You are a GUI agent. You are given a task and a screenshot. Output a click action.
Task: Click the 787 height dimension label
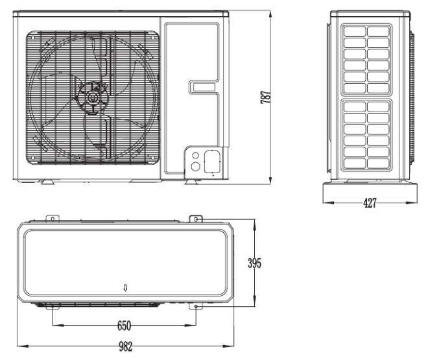(266, 97)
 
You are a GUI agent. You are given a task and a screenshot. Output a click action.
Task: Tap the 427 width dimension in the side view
(370, 203)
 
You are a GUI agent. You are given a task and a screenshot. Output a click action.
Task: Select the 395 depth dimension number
(254, 263)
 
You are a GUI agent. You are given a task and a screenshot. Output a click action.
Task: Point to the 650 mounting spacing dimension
(125, 326)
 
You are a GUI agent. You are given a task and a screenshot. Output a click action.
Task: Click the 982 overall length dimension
(126, 346)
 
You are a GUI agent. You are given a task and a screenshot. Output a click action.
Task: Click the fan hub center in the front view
(92, 98)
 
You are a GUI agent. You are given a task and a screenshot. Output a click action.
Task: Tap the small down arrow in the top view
(125, 287)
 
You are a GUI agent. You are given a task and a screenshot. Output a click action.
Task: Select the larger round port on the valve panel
(195, 166)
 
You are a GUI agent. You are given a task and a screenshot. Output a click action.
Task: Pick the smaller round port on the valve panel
(195, 156)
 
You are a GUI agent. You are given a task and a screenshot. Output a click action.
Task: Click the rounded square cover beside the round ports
(212, 162)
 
